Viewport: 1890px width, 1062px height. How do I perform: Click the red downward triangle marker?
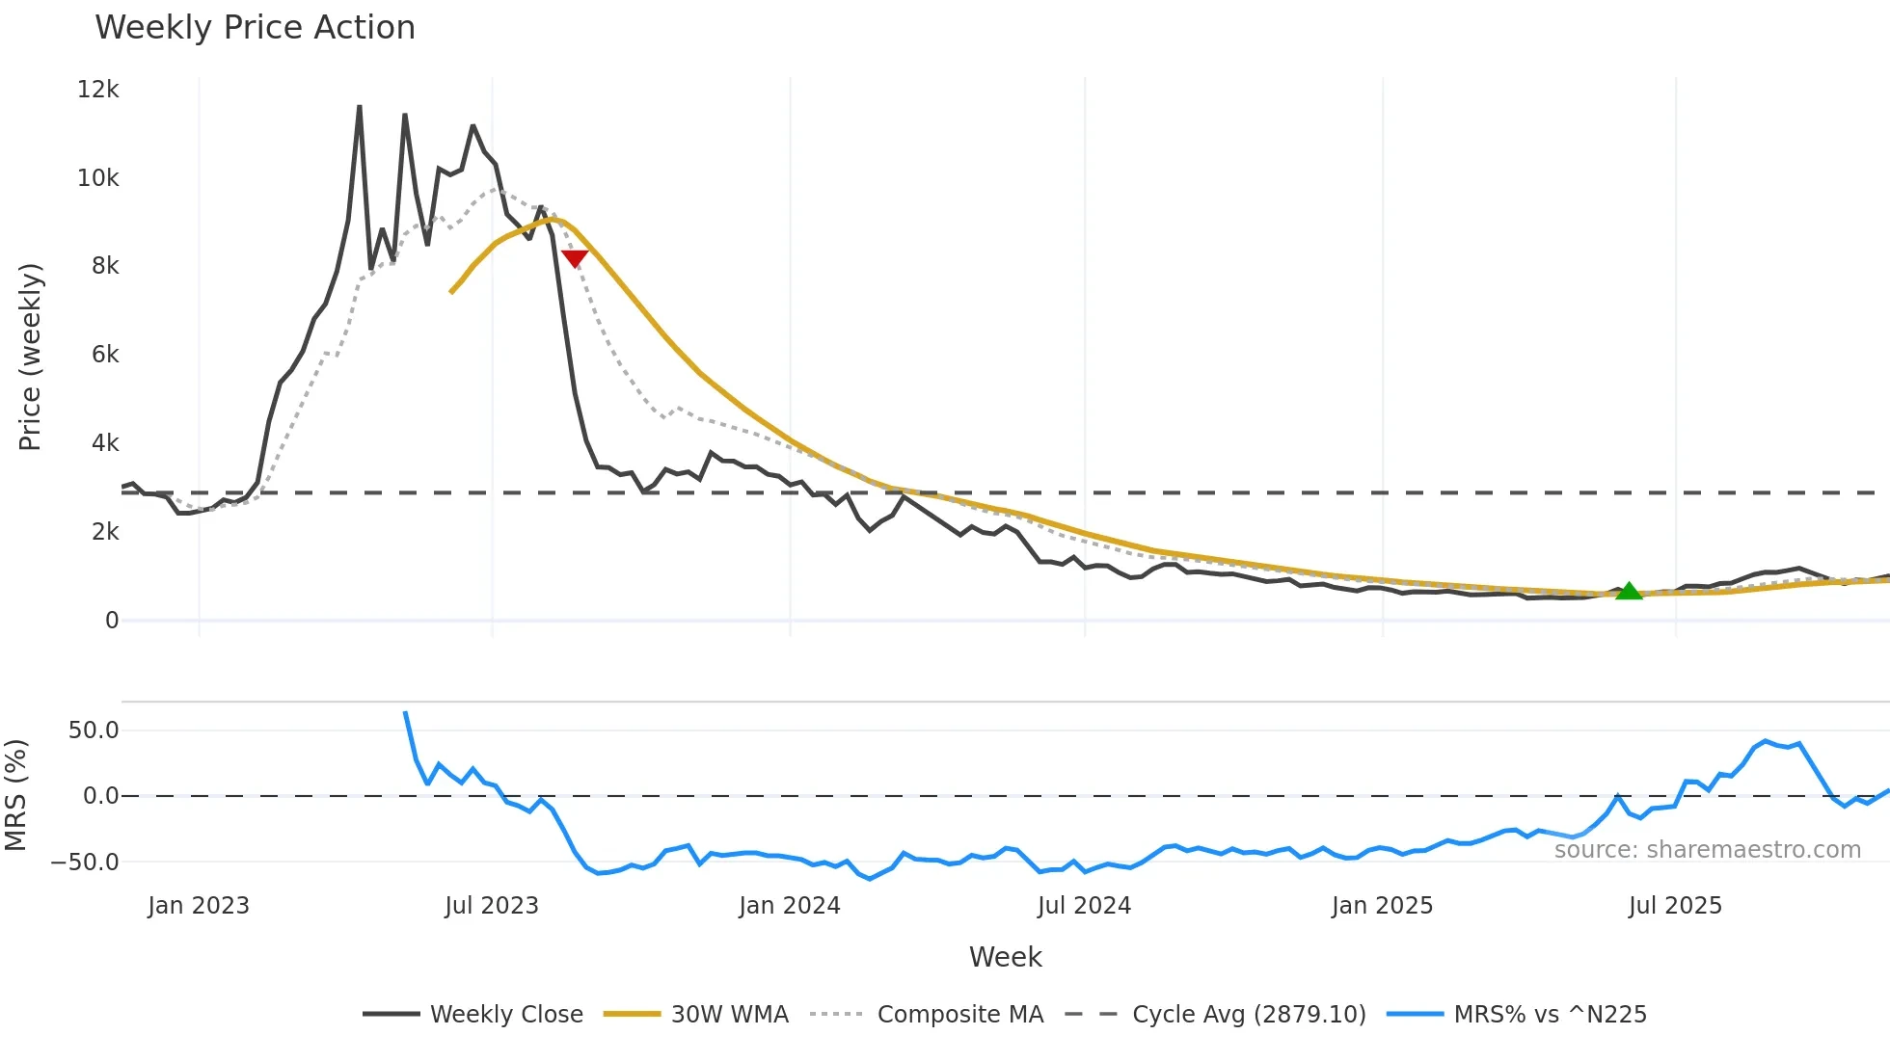click(575, 258)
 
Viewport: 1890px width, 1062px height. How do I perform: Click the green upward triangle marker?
click(1629, 592)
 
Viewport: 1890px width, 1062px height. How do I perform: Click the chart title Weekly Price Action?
click(255, 27)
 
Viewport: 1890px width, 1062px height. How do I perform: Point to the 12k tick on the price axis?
click(97, 90)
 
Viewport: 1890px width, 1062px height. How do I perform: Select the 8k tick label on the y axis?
click(105, 266)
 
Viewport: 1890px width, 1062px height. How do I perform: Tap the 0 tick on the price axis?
click(112, 621)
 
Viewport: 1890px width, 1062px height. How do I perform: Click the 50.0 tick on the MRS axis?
click(94, 730)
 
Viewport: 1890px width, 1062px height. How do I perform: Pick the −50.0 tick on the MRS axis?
click(85, 863)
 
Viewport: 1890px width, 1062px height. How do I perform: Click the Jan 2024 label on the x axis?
click(790, 906)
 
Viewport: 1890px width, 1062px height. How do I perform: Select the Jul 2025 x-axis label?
click(1675, 906)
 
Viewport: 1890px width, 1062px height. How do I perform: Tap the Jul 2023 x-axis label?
click(492, 906)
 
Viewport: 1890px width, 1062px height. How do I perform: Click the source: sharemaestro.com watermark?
click(1707, 850)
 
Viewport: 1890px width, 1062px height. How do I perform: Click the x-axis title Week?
click(1005, 957)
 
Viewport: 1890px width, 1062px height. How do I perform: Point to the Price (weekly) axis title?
click(30, 357)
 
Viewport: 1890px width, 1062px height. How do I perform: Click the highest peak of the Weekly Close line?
click(360, 107)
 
